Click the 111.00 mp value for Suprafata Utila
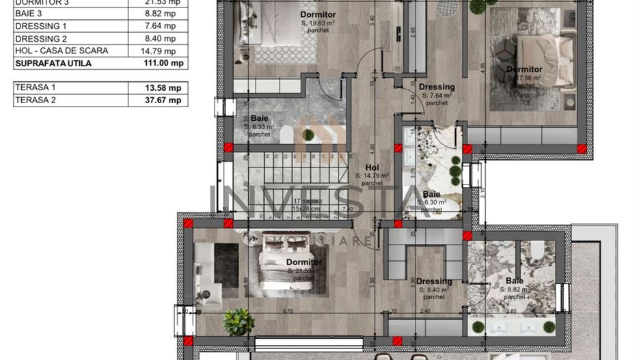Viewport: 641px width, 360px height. click(158, 63)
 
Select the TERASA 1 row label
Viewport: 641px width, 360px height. click(35, 87)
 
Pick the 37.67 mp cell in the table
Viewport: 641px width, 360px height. click(158, 100)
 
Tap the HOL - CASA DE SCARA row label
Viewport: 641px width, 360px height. click(61, 51)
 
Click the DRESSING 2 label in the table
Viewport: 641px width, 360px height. click(41, 38)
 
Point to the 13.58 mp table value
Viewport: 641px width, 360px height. click(158, 87)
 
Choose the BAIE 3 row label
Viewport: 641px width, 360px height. click(29, 14)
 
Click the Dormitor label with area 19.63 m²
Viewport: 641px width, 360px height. click(318, 14)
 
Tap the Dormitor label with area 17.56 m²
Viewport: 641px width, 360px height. click(524, 69)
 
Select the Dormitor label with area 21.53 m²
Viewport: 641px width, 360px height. click(303, 262)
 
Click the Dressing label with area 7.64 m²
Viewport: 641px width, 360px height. click(437, 87)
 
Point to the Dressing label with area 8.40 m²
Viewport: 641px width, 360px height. click(434, 281)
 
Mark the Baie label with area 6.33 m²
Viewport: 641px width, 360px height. click(259, 118)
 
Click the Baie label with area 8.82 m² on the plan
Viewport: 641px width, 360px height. click(515, 281)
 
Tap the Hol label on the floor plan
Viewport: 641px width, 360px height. click(372, 167)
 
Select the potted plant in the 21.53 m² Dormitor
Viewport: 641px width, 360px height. click(238, 320)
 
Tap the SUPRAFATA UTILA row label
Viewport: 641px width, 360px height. click(53, 63)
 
